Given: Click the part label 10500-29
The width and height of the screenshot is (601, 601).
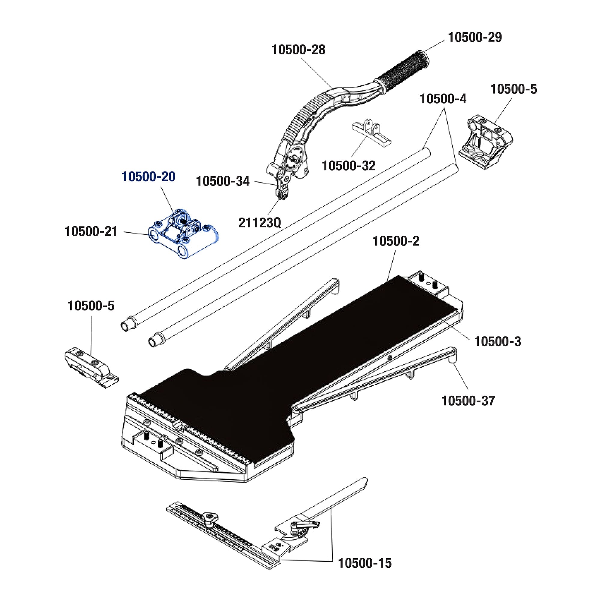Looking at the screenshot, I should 475,37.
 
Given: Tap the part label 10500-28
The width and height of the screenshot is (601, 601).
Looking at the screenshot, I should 298,50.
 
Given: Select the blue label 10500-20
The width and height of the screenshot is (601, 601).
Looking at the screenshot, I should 148,177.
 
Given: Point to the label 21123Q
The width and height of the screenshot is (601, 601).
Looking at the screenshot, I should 259,222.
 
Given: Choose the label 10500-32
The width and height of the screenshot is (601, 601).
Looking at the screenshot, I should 348,166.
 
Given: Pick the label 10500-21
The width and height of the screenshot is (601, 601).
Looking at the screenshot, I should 91,231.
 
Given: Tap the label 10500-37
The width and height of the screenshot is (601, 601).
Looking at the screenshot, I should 468,401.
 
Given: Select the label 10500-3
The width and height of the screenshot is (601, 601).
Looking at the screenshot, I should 497,342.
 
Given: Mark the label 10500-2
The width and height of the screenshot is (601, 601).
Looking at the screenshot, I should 396,241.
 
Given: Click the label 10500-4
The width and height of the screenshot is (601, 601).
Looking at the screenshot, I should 443,99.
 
